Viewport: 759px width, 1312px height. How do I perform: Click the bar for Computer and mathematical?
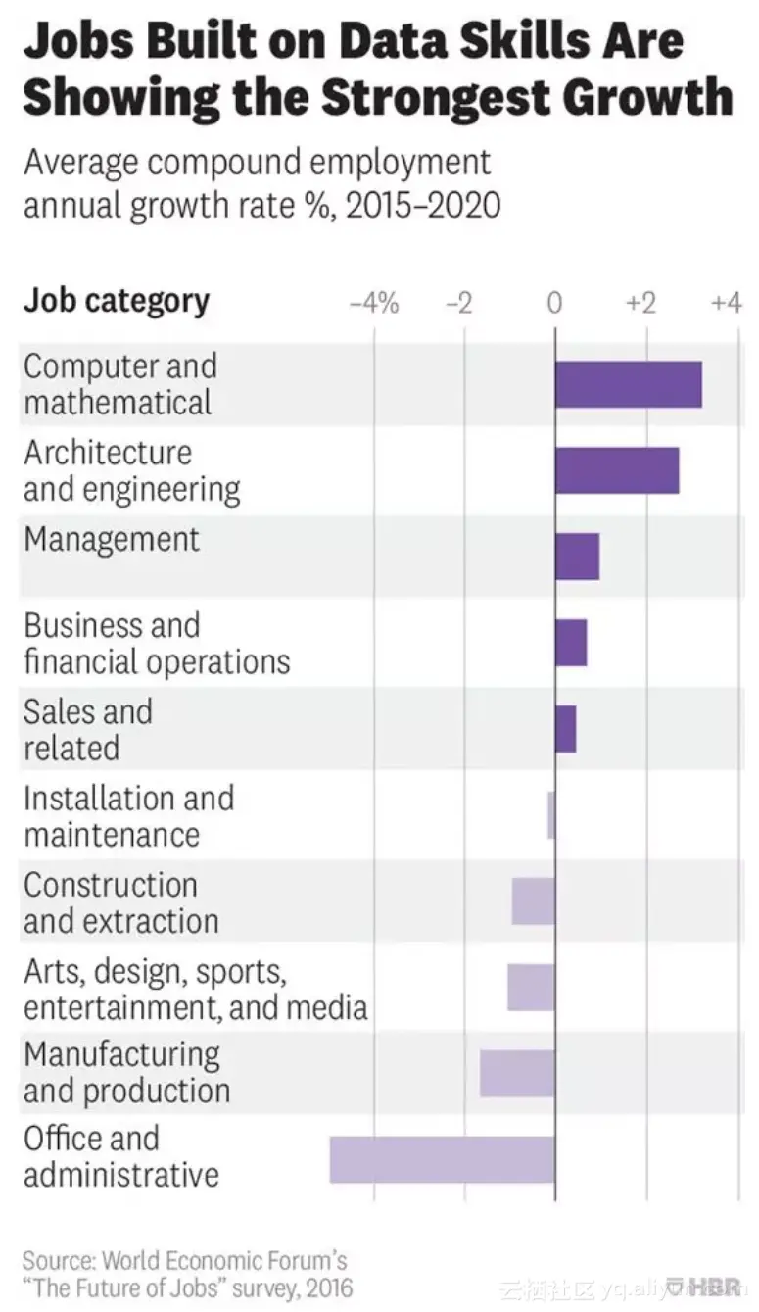628,384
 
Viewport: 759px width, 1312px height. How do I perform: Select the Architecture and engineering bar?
616,470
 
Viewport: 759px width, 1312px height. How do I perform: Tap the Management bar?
577,557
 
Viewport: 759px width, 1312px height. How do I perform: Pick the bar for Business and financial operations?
571,643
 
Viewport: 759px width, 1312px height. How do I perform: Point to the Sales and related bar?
565,729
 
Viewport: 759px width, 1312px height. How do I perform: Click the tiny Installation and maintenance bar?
551,815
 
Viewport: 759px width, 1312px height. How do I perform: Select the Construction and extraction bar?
533,901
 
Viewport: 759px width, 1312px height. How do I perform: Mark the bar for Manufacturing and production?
517,1073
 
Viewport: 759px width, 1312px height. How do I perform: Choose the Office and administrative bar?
442,1159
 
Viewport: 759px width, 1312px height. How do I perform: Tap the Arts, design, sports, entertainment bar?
531,988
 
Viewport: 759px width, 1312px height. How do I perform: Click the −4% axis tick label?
374,304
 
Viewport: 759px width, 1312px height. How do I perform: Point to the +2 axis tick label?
640,304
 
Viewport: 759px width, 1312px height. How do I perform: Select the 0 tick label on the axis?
554,304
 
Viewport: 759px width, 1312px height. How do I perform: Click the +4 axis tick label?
726,304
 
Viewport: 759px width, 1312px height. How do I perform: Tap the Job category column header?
116,301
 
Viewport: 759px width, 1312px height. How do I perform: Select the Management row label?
111,540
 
